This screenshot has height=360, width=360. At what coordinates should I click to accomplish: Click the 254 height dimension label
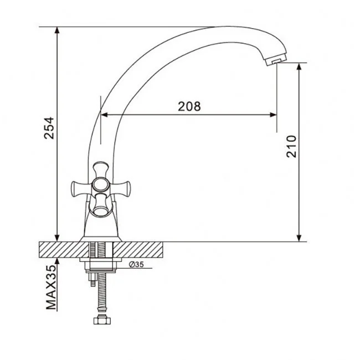click(x=49, y=128)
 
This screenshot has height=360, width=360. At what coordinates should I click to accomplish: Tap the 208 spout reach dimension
click(x=189, y=106)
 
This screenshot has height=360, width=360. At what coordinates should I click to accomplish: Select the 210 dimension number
click(x=291, y=146)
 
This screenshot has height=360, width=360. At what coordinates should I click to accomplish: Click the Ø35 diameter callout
click(x=136, y=265)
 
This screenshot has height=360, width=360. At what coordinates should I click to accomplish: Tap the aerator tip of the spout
click(x=275, y=61)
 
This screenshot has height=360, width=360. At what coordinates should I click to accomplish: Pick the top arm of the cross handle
click(x=101, y=170)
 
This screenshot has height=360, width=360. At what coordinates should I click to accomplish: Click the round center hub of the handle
click(x=100, y=185)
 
